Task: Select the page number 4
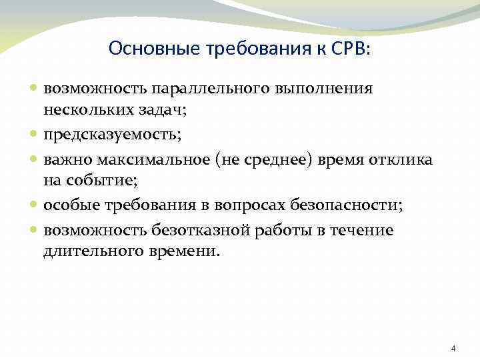click(x=453, y=349)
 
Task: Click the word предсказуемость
click(x=109, y=135)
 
